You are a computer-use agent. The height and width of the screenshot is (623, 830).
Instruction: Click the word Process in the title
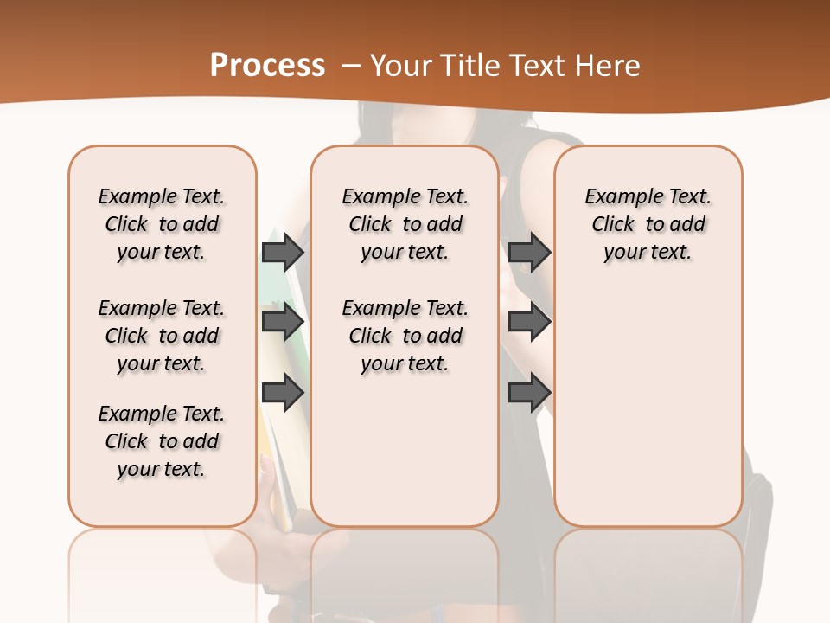coord(267,65)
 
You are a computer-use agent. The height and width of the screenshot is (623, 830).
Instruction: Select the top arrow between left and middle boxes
coord(283,252)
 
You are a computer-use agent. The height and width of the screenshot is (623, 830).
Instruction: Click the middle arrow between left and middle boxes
coord(283,322)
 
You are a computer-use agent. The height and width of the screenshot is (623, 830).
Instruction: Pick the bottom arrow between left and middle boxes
coord(283,392)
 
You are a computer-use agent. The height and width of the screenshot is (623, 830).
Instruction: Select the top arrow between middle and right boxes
coord(529,252)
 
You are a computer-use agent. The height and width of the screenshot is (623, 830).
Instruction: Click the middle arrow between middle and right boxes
coord(529,322)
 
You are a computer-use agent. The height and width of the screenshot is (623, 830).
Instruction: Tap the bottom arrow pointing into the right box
coord(529,392)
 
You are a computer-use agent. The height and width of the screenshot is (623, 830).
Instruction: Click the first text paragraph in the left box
coord(162,224)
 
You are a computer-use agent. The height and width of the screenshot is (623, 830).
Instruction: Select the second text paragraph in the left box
coord(162,336)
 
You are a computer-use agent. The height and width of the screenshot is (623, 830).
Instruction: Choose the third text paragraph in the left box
coord(162,441)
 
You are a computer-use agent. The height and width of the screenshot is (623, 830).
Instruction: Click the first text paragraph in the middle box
coord(405,224)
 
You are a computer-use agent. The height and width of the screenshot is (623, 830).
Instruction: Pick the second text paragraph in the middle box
coord(405,336)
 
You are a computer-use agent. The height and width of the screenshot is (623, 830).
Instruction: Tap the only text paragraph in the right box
coord(648,224)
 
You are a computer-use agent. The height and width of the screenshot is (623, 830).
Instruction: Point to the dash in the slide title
coord(351,66)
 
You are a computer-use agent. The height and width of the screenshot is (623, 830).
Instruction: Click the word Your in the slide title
coord(400,65)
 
